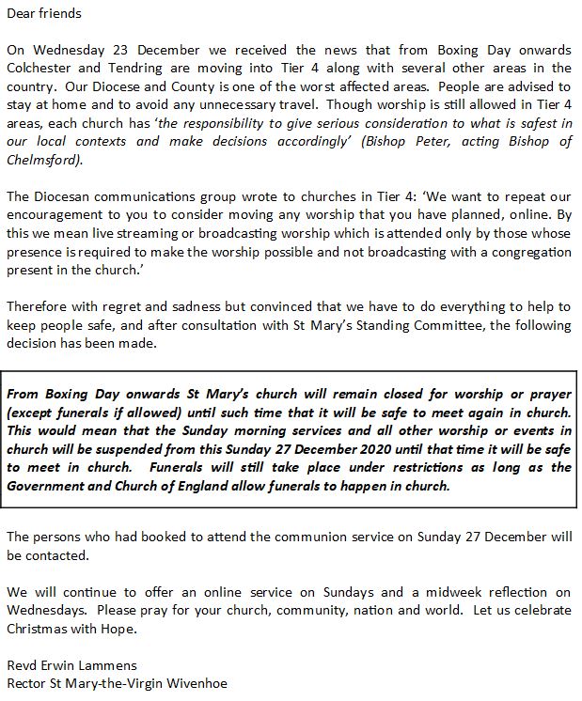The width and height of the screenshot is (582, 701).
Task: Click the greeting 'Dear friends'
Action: point(44,14)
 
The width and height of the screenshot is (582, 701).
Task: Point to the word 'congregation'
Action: point(527,251)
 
